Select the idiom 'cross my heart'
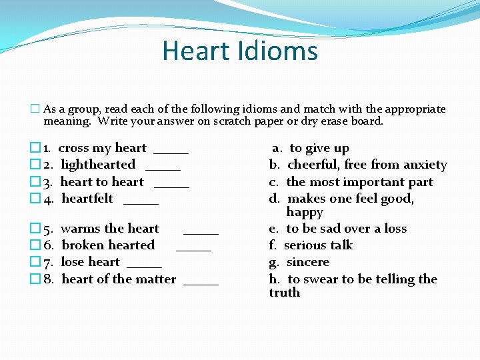point(102,148)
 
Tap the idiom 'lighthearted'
point(98,165)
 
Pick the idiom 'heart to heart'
point(102,181)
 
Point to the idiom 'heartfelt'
point(87,198)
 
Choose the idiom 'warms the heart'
point(110,229)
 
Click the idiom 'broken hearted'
point(108,245)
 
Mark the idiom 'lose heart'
point(90,262)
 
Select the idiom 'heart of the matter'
point(119,279)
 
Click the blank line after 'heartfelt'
point(141,201)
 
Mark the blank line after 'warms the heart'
point(201,232)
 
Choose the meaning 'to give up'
point(319,148)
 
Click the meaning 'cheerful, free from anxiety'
point(367,165)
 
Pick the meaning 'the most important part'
point(359,181)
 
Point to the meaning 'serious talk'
point(318,245)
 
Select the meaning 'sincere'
point(307,262)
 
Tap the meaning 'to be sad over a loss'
point(346,229)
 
